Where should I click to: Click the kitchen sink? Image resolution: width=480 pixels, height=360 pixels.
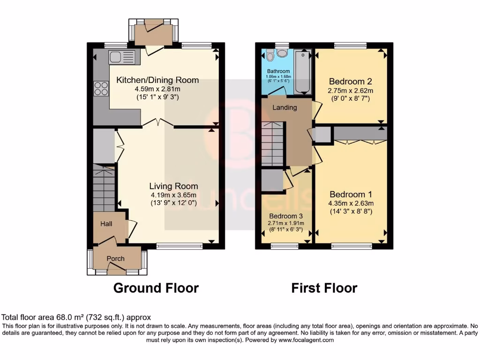pyautogui.click(x=121, y=57)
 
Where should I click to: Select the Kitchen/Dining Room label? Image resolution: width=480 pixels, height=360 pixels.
pyautogui.click(x=157, y=80)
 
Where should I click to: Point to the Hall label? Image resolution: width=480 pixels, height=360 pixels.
pyautogui.click(x=107, y=224)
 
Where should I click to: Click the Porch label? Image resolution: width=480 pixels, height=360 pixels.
pyautogui.click(x=116, y=258)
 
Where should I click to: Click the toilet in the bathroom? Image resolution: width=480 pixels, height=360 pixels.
pyautogui.click(x=270, y=56)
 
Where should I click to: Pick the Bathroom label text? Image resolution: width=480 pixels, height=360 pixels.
pyautogui.click(x=279, y=71)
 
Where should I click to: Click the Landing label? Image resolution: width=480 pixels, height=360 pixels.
pyautogui.click(x=285, y=107)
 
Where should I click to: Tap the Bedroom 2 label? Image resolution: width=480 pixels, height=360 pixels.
pyautogui.click(x=351, y=80)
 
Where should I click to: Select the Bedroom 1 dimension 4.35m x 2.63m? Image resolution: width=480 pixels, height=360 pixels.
pyautogui.click(x=351, y=203)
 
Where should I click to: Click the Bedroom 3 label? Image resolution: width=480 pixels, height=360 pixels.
pyautogui.click(x=285, y=216)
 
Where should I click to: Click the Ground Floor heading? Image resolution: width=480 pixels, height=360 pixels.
pyautogui.click(x=156, y=287)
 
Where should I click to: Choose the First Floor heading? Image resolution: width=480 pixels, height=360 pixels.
pyautogui.click(x=324, y=287)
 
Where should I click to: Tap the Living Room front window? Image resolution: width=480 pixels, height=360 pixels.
pyautogui.click(x=180, y=245)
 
